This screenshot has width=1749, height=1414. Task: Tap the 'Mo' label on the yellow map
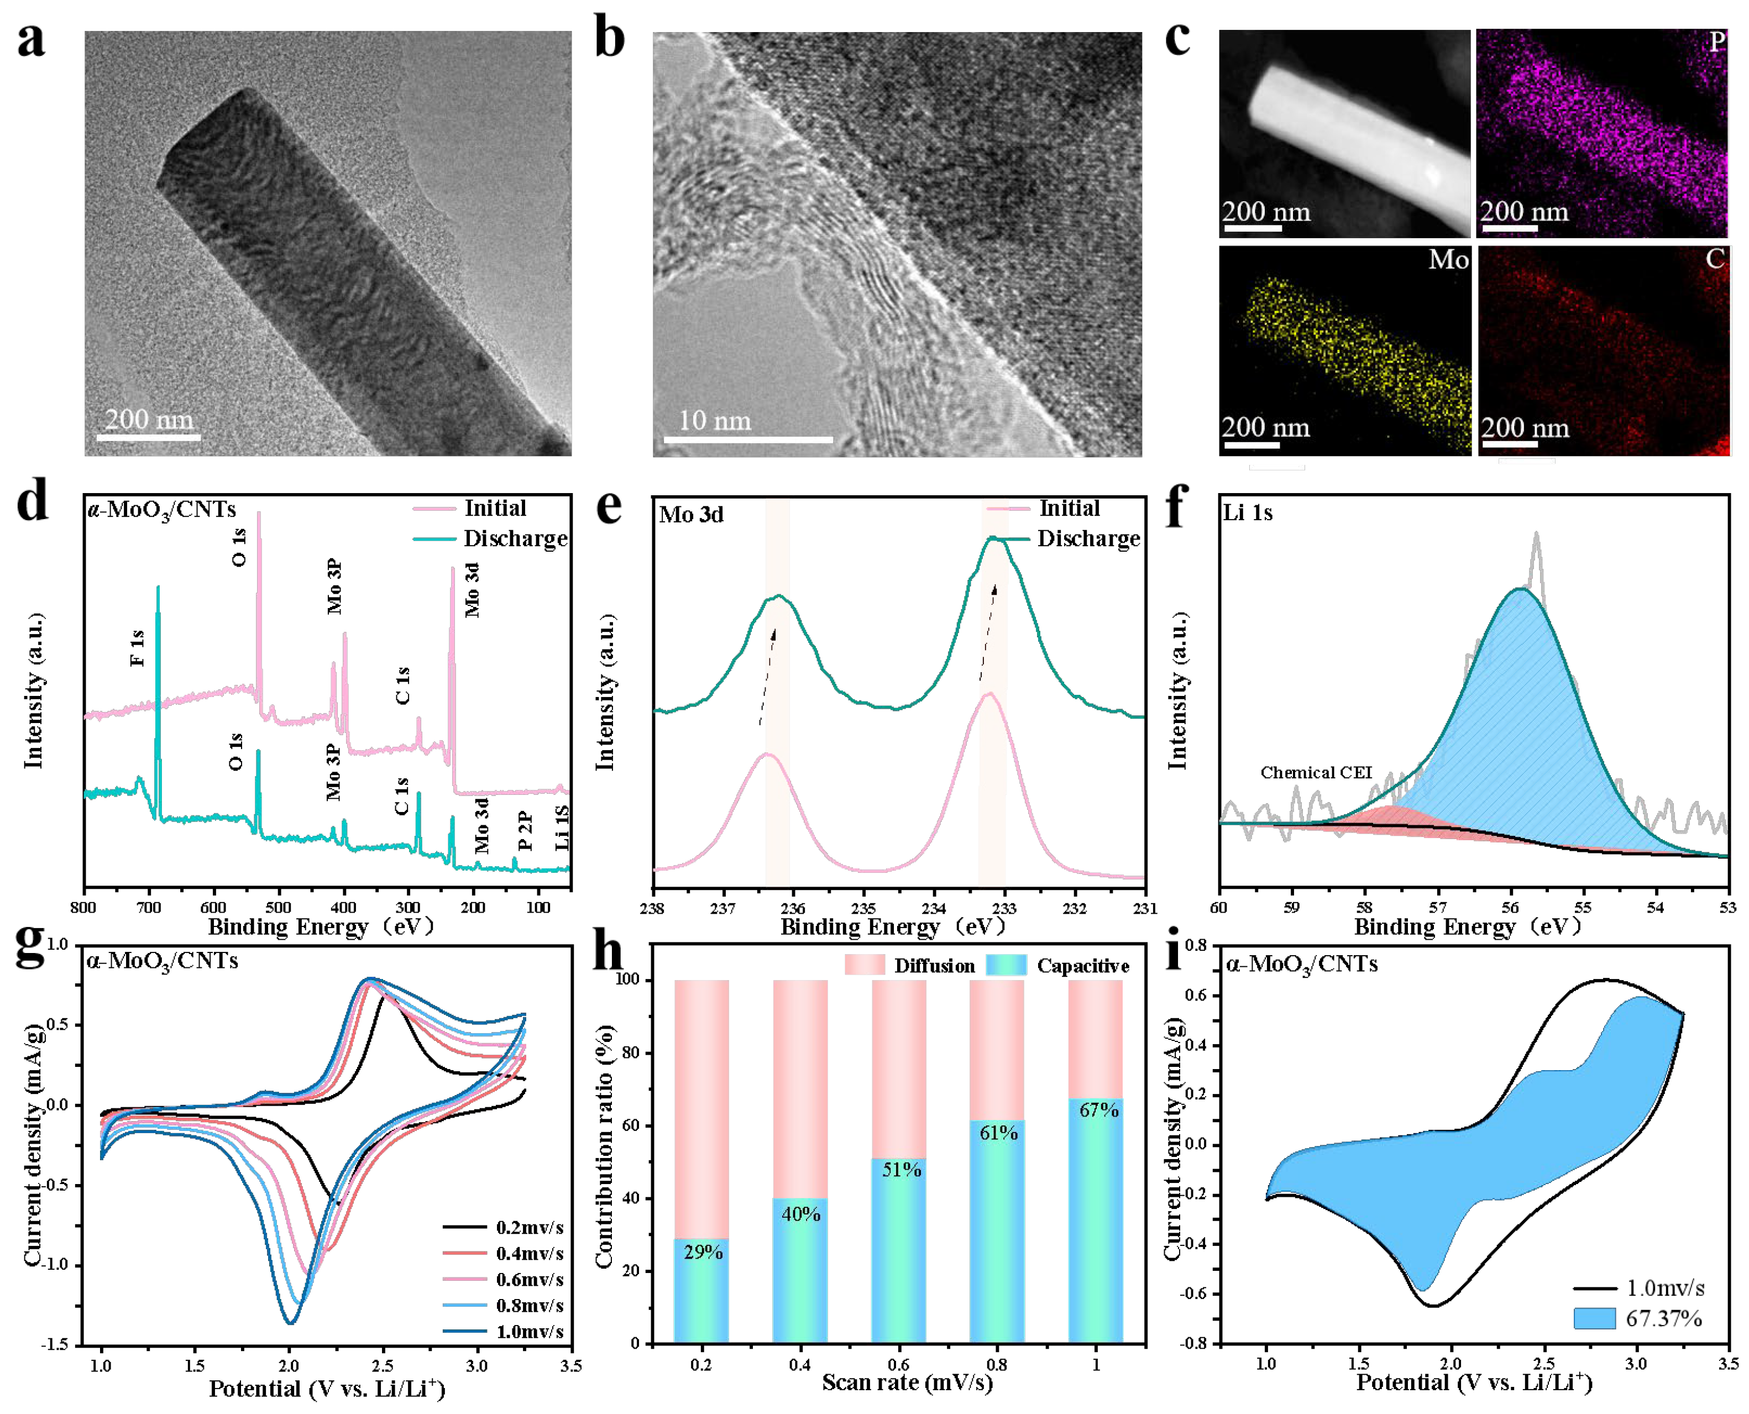point(1448,260)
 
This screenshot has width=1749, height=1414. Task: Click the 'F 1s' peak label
point(137,647)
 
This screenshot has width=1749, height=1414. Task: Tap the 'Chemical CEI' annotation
point(1316,772)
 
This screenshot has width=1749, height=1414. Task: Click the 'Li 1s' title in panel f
point(1247,512)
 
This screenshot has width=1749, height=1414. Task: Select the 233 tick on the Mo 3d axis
point(1004,908)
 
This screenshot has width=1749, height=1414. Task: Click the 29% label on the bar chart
point(702,1252)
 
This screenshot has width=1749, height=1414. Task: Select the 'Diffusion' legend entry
point(934,966)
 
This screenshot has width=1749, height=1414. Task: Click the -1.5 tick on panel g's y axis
point(57,1345)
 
